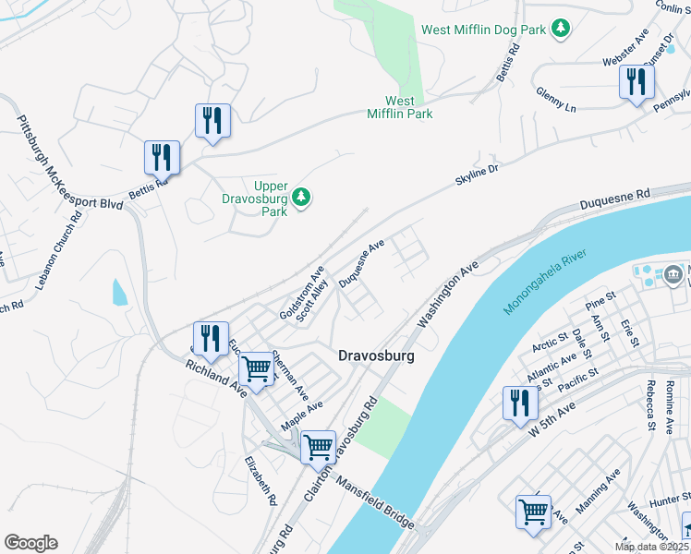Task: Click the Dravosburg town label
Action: point(375,355)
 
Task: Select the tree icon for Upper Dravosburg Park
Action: point(301,197)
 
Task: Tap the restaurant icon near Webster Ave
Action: point(636,82)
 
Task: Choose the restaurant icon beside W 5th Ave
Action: point(520,403)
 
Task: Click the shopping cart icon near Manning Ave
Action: point(533,512)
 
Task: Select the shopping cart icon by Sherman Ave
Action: point(257,369)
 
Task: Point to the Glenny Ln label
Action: point(555,100)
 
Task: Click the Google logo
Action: point(30,542)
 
